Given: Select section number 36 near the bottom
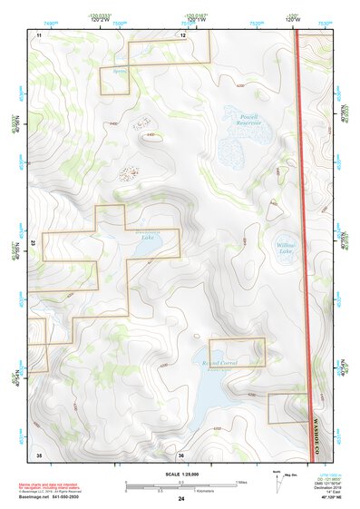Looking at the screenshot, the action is [x=181, y=453].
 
